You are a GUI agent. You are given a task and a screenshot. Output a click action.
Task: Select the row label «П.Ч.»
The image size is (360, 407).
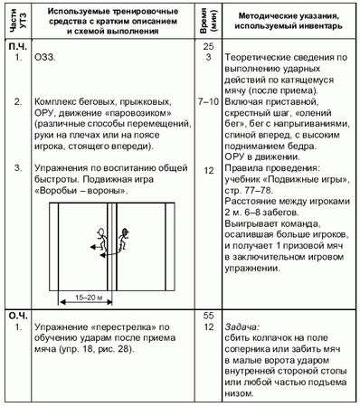pyautogui.click(x=16, y=45)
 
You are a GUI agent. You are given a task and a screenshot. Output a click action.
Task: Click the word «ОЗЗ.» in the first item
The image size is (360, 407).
pyautogui.click(x=43, y=58)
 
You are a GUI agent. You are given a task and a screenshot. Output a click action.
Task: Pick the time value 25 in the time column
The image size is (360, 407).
pyautogui.click(x=207, y=45)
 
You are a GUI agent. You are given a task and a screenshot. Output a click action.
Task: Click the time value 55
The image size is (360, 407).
pyautogui.click(x=207, y=314)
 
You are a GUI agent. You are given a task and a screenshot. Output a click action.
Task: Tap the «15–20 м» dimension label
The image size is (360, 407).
pyautogui.click(x=83, y=295)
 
